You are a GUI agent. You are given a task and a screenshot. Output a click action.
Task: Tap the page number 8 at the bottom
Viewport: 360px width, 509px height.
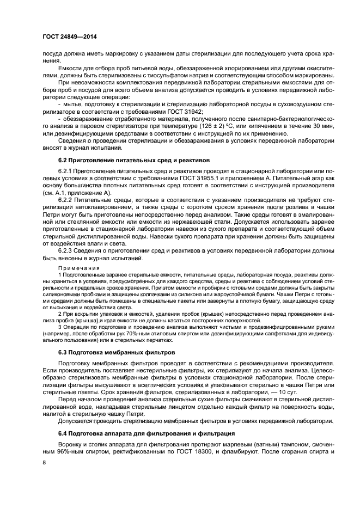(44, 462)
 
